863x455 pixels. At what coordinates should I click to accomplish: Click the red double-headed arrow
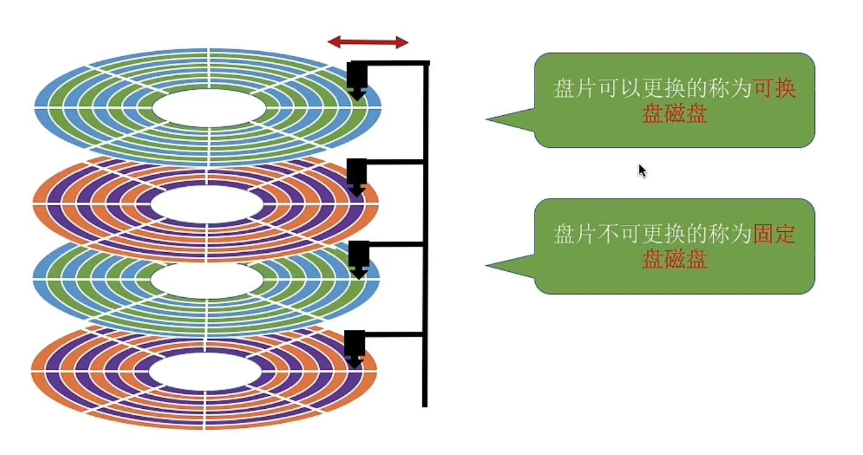[368, 42]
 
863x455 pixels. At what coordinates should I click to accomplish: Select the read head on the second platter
[356, 177]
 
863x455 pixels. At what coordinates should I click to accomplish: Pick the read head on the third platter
[358, 259]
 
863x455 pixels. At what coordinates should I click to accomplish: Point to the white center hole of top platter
[209, 109]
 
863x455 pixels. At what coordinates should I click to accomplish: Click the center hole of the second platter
[208, 204]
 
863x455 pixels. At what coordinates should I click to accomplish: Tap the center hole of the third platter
[207, 281]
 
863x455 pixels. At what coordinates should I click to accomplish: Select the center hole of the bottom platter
[206, 373]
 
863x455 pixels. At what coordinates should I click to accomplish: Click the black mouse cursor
[642, 170]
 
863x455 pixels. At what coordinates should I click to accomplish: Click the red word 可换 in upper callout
[775, 89]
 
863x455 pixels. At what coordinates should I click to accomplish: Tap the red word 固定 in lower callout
[775, 234]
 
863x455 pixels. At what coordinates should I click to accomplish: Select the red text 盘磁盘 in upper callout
[674, 115]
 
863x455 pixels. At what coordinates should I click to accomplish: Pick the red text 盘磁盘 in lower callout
[674, 260]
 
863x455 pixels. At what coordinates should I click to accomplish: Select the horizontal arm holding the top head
[395, 63]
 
